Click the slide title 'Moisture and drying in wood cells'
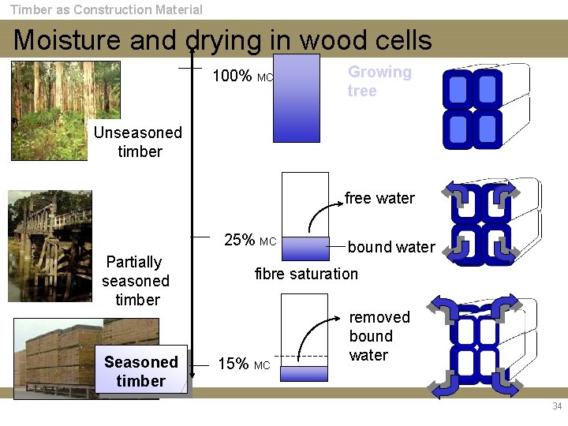(222, 39)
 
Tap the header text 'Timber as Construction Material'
(106, 9)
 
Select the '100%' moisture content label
(233, 77)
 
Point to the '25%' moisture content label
(240, 240)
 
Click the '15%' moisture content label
(234, 364)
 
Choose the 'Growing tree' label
(379, 81)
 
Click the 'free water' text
(379, 198)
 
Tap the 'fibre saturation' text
(306, 274)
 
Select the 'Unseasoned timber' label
(138, 142)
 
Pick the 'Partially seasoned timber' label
(136, 281)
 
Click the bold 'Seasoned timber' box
(141, 371)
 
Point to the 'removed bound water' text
(379, 336)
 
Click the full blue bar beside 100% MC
(297, 98)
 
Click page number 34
(557, 406)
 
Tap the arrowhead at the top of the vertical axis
(192, 49)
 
